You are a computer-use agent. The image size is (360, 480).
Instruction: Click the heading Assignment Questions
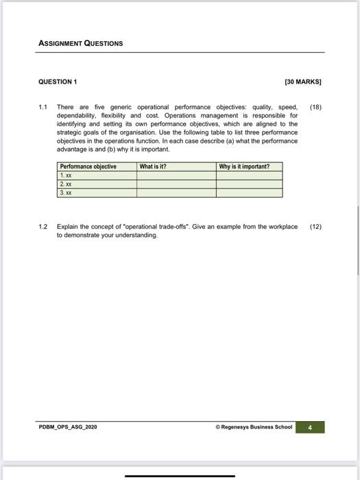click(x=80, y=43)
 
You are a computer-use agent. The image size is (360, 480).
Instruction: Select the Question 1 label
click(x=57, y=82)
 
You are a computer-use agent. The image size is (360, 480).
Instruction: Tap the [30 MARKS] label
click(x=302, y=82)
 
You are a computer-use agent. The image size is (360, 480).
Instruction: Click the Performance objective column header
click(x=88, y=167)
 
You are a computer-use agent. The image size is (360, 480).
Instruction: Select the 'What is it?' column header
click(x=153, y=167)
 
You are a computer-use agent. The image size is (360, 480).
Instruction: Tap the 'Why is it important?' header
click(x=244, y=167)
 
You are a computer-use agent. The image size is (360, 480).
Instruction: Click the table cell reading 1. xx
click(x=67, y=176)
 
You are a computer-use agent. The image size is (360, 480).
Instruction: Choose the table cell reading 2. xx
click(x=67, y=184)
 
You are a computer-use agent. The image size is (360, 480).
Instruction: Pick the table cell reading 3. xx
click(x=67, y=193)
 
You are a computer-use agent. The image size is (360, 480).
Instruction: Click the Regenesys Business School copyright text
click(x=254, y=427)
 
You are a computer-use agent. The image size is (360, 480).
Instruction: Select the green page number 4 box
click(x=310, y=427)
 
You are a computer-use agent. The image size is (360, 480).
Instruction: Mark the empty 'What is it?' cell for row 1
click(x=176, y=176)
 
